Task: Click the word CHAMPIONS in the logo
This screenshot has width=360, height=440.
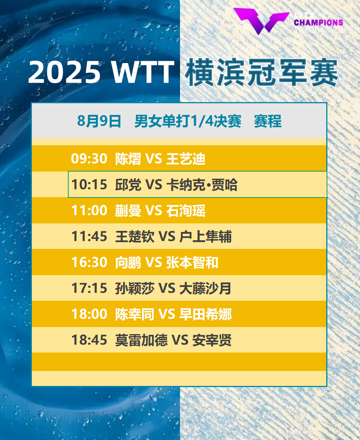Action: [318, 23]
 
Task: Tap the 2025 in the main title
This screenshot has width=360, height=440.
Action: [64, 72]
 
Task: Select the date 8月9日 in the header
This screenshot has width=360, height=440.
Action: [99, 121]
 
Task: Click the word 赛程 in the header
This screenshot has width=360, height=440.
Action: [268, 121]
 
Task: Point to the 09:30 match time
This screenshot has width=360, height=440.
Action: [89, 158]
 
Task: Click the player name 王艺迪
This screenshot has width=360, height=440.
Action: [186, 158]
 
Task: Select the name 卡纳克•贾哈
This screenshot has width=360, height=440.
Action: [202, 185]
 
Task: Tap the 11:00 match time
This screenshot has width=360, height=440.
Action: [89, 211]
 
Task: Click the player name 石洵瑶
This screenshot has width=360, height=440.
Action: [186, 211]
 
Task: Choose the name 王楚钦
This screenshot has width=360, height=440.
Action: [135, 236]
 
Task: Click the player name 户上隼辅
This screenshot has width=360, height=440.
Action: [205, 236]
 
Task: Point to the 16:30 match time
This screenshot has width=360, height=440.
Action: [89, 262]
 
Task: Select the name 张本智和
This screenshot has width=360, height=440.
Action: [192, 262]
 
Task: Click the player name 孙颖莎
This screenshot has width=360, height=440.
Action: [135, 288]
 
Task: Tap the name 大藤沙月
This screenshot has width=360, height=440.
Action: [205, 288]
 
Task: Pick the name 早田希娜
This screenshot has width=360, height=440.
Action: [205, 314]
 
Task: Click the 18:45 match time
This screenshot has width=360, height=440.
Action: [89, 340]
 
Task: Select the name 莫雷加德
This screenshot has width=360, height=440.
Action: [141, 340]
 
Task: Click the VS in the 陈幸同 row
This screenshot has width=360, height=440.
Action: [167, 314]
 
